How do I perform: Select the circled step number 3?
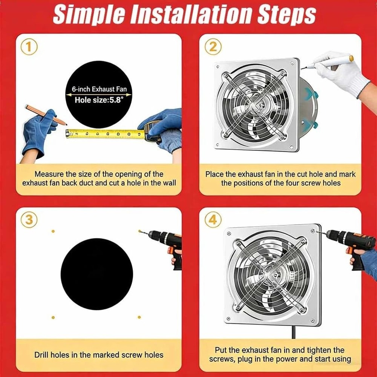[29, 220]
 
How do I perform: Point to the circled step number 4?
[213, 220]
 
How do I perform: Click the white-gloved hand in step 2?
[341, 75]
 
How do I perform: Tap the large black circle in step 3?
[97, 274]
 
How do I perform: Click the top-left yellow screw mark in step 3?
[53, 231]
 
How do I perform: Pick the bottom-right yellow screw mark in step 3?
[139, 317]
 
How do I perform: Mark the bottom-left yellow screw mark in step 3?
[53, 317]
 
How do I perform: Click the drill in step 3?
[168, 241]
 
